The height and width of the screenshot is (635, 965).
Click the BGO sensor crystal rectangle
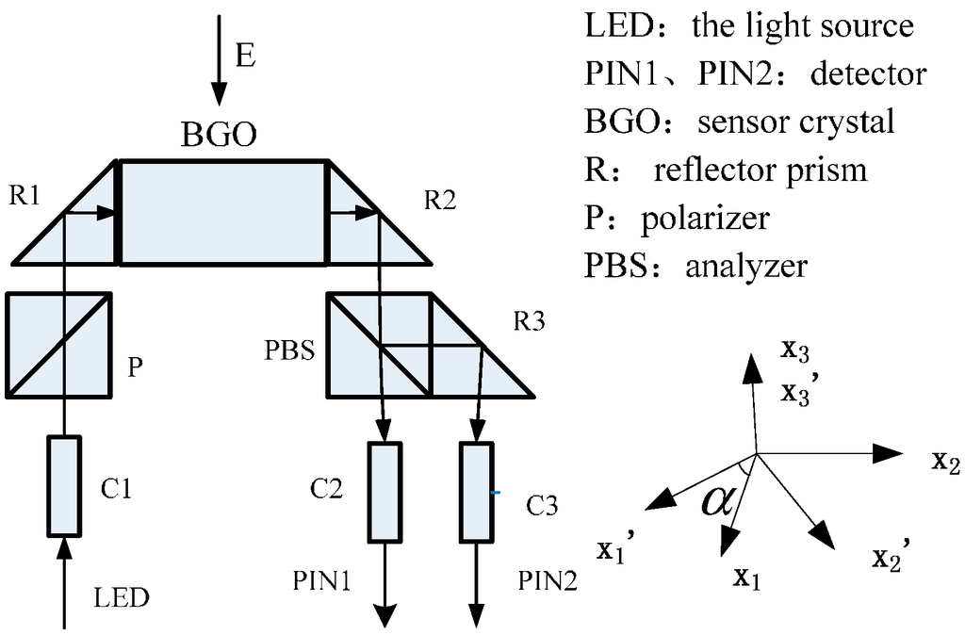pos(222,212)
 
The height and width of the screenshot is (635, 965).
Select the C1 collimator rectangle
pos(64,485)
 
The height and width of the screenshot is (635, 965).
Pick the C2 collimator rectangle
pos(384,492)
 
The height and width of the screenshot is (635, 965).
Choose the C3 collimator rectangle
pos(477,492)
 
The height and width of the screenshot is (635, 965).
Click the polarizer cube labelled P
pos(59,344)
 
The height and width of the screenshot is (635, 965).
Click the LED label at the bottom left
pos(123,597)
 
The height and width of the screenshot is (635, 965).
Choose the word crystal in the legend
pos(846,122)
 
